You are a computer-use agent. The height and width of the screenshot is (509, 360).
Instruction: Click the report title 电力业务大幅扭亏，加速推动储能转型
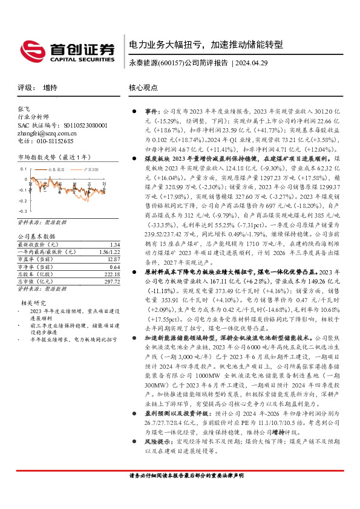click(x=206, y=45)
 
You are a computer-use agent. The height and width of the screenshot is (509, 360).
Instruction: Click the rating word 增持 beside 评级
click(x=50, y=88)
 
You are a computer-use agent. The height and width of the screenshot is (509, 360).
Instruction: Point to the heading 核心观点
click(x=143, y=88)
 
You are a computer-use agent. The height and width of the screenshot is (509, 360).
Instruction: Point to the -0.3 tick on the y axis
click(x=22, y=212)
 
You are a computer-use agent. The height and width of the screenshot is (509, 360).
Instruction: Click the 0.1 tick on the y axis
click(x=23, y=169)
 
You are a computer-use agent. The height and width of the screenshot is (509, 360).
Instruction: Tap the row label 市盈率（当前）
click(x=38, y=259)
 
